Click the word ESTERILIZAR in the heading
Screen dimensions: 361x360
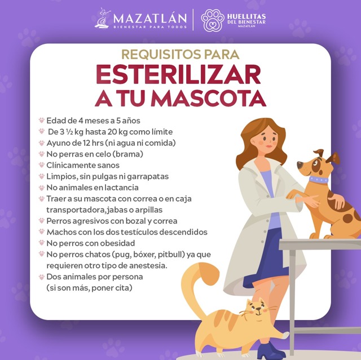[179, 75]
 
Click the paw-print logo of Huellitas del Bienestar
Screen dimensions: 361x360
[212, 20]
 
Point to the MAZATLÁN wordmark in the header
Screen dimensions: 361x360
[150, 19]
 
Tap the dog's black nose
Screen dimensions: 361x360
[300, 165]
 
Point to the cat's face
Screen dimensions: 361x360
[257, 309]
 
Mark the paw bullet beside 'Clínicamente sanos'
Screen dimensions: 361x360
[41, 165]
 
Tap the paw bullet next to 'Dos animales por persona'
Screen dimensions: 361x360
[41, 277]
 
